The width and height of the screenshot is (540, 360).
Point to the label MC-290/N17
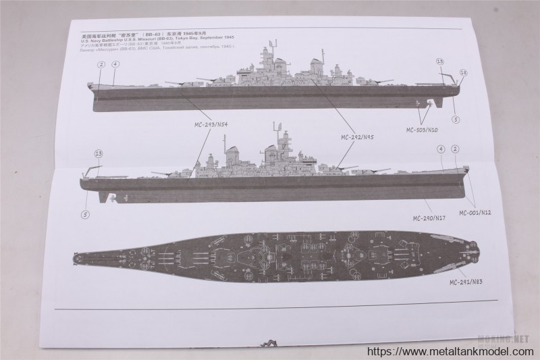click(x=430, y=218)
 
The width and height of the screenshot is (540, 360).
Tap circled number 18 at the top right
click(x=463, y=72)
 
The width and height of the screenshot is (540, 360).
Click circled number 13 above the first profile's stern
click(x=440, y=61)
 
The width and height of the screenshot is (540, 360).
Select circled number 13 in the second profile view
click(x=98, y=154)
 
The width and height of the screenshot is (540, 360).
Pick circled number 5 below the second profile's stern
click(x=84, y=214)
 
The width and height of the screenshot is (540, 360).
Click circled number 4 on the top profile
click(x=115, y=65)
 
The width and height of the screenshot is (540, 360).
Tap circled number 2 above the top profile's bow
click(x=101, y=65)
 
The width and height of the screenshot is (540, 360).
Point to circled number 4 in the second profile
click(x=440, y=149)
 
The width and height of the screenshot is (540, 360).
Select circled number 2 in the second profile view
click(x=456, y=149)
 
